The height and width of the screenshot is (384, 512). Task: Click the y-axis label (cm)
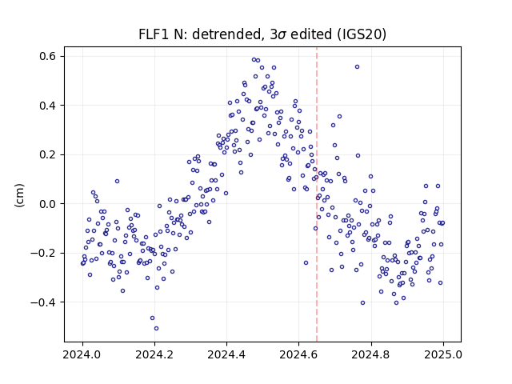coord(19,195)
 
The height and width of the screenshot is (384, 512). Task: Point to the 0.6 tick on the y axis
coord(48,57)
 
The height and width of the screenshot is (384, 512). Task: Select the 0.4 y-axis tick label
coord(48,106)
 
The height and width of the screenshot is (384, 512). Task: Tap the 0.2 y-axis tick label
coord(48,154)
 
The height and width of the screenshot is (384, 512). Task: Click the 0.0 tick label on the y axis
coord(48,204)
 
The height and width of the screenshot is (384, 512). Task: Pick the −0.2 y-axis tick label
coord(44,253)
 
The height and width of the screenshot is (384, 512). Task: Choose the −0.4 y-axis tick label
coord(44,302)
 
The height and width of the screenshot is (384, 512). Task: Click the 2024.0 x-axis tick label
coord(82,354)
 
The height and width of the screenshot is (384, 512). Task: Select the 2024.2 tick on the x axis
coord(154,354)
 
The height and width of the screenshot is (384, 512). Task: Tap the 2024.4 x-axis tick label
coord(226,354)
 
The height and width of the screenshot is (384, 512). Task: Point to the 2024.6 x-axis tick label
coord(298,354)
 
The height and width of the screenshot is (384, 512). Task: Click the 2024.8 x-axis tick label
coord(371,354)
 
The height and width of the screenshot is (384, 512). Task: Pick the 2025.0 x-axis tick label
coord(443,354)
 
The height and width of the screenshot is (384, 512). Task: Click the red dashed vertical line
coord(317,194)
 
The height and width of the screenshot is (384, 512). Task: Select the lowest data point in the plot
coord(157,329)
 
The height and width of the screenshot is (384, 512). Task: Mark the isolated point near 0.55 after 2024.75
coord(358,67)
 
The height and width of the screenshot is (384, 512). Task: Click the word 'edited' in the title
coord(311,34)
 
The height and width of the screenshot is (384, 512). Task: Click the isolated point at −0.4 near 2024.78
coord(362,303)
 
